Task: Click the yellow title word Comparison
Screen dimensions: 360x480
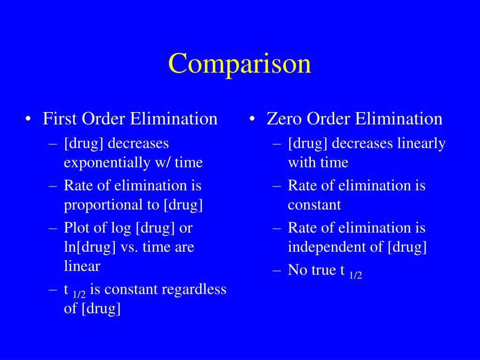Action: click(240, 64)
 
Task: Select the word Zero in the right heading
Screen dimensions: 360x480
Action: click(285, 119)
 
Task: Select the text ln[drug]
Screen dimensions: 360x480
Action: click(90, 247)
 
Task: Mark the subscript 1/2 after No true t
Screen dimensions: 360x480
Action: click(356, 275)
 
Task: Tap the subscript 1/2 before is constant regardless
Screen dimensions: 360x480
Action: click(79, 294)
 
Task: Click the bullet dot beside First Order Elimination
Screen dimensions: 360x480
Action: click(30, 119)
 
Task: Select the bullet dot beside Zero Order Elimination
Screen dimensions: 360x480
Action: click(254, 119)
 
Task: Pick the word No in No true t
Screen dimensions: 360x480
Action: click(297, 270)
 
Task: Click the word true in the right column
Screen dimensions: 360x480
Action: click(324, 270)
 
